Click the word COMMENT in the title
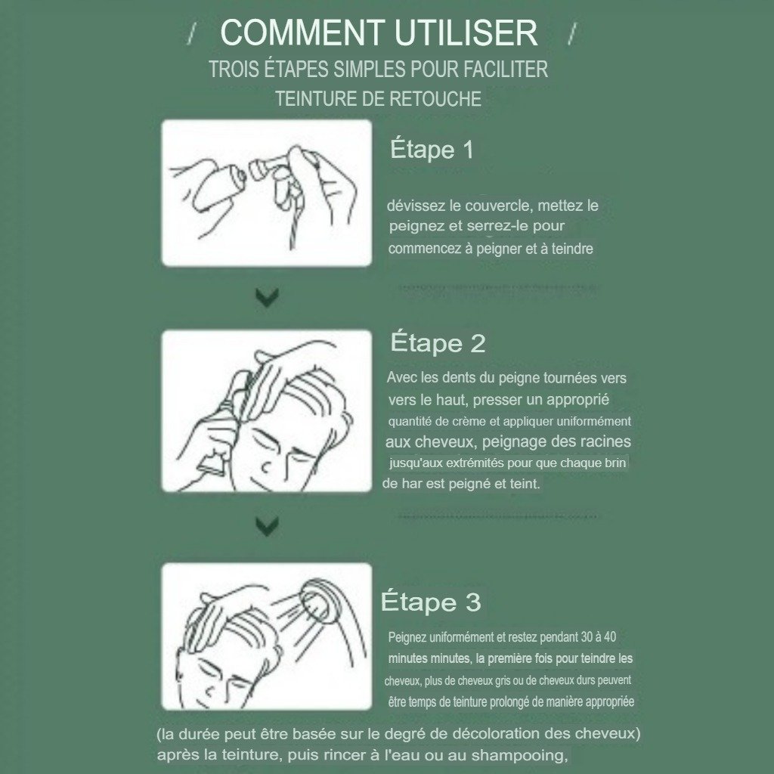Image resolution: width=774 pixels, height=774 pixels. tap(302, 33)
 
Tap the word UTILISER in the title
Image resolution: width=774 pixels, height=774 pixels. tap(466, 33)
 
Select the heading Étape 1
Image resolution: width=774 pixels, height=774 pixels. tap(432, 149)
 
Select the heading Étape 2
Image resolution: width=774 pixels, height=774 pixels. tap(438, 342)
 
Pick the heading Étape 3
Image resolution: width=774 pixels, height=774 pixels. tap(430, 601)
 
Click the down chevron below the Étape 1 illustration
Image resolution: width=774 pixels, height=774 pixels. tap(267, 298)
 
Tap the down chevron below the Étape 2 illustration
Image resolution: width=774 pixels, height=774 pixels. tap(267, 526)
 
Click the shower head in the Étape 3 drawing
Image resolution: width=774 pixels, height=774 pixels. tap(320, 601)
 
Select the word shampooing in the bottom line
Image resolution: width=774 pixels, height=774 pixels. tap(519, 755)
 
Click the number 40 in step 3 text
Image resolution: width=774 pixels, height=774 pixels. tap(610, 636)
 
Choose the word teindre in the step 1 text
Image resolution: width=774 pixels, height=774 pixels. tap(572, 248)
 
